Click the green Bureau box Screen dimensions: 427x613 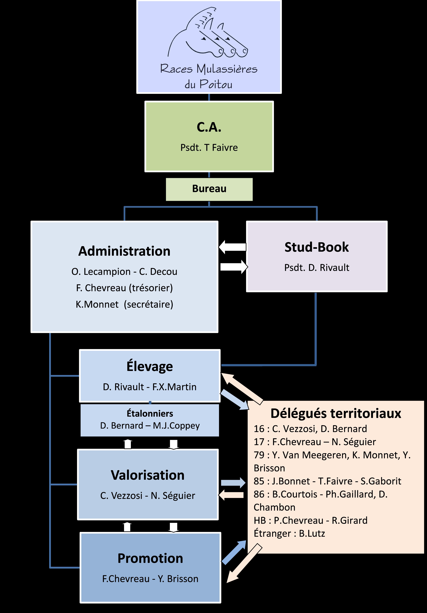(x=209, y=189)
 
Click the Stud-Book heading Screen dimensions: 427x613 (x=317, y=247)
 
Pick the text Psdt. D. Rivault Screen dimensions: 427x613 (x=317, y=267)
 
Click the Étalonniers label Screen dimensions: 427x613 (x=150, y=414)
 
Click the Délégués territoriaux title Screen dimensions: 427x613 (x=336, y=413)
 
